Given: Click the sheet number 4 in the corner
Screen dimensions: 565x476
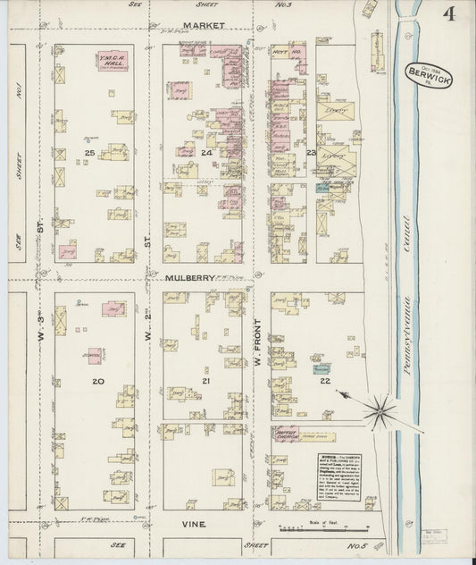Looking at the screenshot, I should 445,14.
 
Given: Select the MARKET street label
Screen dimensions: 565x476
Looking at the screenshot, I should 204,27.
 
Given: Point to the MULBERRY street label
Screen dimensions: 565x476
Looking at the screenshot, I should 190,278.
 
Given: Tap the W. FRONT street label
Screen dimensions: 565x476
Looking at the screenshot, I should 261,340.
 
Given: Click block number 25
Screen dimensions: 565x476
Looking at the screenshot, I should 89,154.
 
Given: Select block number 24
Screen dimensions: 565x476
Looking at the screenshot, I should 207,154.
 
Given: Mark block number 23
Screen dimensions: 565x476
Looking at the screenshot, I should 312,154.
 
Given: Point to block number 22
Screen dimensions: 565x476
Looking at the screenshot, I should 325,381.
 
